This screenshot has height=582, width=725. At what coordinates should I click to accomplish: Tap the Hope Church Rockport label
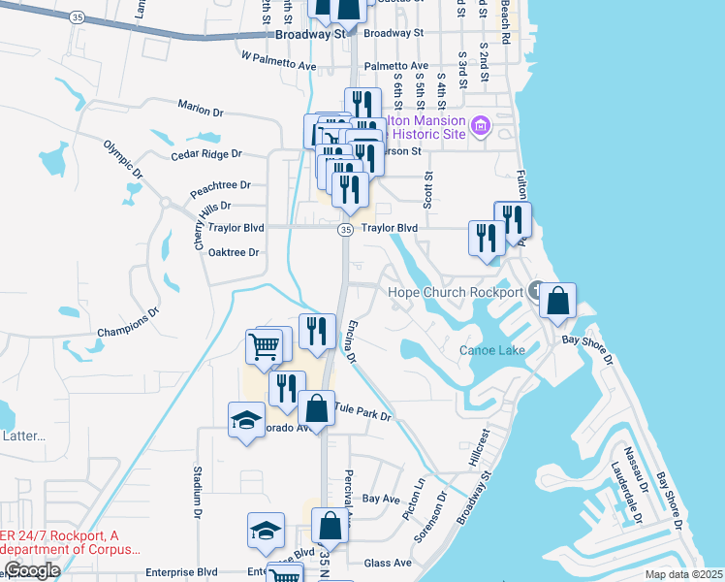pos(456,292)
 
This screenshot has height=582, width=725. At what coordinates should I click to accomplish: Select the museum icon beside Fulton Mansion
pos(479,126)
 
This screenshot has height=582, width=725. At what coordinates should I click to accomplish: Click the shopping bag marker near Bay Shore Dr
pos(557,303)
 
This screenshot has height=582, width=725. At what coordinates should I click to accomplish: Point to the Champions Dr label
pos(127,325)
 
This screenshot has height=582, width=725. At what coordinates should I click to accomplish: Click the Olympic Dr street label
pos(124,159)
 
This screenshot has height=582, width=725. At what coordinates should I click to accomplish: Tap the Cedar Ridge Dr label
pos(205,154)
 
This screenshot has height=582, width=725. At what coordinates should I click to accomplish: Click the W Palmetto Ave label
pos(279,61)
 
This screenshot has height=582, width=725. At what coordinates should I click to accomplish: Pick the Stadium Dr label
pos(197,490)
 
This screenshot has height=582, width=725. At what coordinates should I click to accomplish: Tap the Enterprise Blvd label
pos(181,573)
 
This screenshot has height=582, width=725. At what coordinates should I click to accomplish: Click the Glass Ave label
pos(388,563)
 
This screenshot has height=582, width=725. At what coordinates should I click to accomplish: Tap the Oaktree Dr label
pos(233,252)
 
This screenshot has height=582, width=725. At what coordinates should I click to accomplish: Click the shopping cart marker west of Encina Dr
pos(266,346)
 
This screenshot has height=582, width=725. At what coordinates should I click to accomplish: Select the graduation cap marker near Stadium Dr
pos(246,421)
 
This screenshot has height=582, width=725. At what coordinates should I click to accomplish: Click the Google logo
pos(32,570)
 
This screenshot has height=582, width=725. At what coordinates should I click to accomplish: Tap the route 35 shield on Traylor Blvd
pos(345,229)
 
